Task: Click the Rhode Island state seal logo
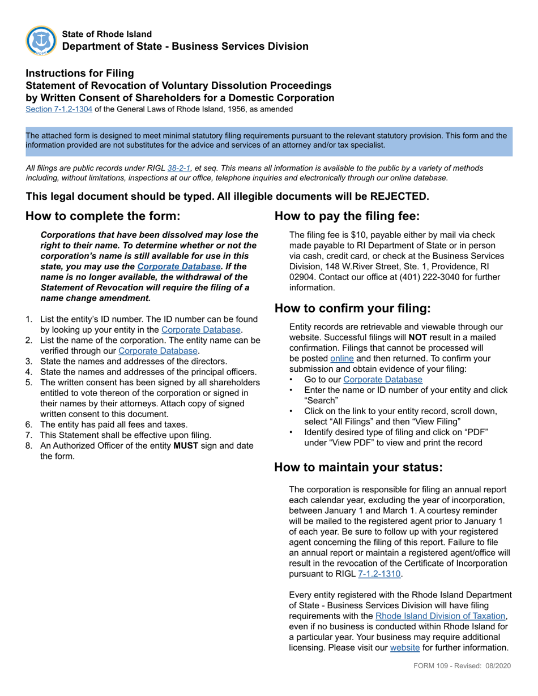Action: click(41, 40)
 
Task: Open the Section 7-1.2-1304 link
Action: click(59, 109)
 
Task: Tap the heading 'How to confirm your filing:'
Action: click(352, 308)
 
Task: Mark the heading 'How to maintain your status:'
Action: click(358, 467)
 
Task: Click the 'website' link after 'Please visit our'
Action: click(405, 648)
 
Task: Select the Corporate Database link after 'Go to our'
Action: click(382, 380)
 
